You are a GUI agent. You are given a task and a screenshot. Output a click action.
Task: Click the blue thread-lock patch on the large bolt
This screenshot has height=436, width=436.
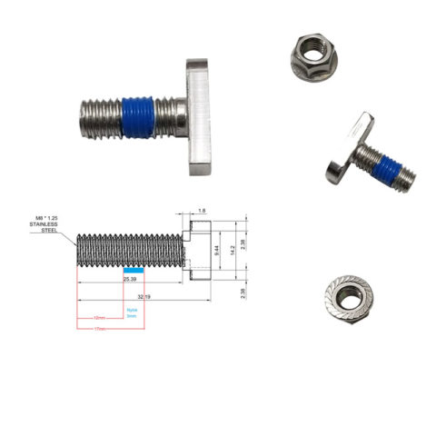[136, 116]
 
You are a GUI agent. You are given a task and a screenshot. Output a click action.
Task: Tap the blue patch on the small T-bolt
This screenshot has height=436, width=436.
[388, 171]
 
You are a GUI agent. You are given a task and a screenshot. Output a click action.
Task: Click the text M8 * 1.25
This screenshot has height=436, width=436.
[52, 218]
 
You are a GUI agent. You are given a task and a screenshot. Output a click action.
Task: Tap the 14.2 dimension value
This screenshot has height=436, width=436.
[233, 246]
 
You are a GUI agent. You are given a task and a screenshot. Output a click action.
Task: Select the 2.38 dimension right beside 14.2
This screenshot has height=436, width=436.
[245, 246]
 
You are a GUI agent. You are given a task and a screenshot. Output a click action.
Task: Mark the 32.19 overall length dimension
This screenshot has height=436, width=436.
[144, 297]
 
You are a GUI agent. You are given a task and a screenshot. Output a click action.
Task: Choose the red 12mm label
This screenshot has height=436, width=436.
[100, 318]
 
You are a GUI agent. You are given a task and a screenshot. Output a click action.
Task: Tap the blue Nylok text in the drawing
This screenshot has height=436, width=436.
[132, 310]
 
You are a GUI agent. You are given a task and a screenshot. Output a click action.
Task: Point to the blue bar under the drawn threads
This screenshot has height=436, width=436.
[133, 270]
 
